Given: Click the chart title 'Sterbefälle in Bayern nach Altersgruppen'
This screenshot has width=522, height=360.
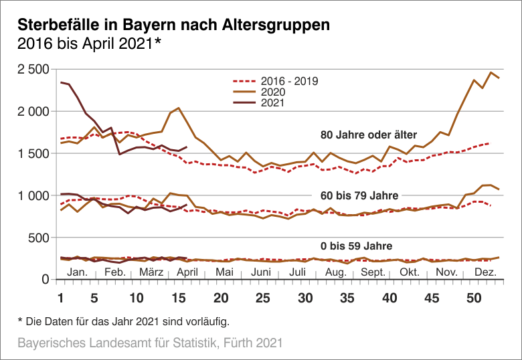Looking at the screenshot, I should click(173, 25).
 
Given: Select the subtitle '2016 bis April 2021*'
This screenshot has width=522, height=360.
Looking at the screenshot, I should click(89, 44).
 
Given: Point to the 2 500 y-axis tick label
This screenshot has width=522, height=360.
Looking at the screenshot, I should click(33, 69).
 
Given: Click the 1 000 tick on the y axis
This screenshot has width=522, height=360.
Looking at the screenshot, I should click(33, 195).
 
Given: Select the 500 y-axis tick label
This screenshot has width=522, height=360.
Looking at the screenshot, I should click(39, 238).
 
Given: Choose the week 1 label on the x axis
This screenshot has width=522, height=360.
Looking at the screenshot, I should click(61, 298).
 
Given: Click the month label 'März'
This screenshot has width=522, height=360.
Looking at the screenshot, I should click(153, 272).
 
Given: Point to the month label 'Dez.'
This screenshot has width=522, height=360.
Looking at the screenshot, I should click(485, 272).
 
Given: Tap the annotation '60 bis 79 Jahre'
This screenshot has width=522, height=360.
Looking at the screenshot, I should click(359, 195).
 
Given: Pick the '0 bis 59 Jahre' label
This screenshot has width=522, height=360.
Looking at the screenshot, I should click(356, 246).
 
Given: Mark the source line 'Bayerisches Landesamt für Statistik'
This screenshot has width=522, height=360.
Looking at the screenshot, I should click(150, 343).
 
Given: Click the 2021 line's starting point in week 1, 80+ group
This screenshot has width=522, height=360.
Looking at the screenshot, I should click(61, 82).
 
